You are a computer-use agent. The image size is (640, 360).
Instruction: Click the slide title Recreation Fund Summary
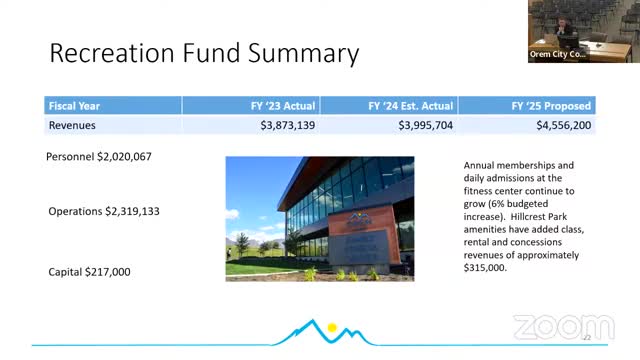(204, 52)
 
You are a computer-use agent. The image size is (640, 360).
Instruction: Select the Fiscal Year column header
(74, 105)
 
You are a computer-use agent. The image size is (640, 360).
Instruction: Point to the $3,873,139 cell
(287, 125)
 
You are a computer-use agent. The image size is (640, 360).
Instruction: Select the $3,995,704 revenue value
(426, 125)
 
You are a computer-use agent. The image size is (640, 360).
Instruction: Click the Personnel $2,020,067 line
(99, 157)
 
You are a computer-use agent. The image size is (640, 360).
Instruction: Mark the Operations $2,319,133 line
(104, 211)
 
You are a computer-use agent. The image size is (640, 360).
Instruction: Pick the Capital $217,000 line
(89, 271)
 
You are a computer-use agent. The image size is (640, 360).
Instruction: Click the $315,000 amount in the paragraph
(487, 268)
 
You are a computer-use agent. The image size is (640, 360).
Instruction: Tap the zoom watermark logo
(563, 327)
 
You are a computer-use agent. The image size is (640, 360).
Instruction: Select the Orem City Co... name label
(557, 56)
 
